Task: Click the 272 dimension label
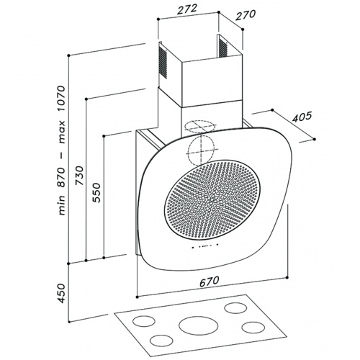[x=187, y=9]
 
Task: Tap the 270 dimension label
[x=246, y=15]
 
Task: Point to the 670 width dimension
[x=210, y=282]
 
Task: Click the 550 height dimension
[x=96, y=192]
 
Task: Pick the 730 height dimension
[x=79, y=175]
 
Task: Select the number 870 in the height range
[x=61, y=177]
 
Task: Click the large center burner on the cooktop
[x=199, y=326]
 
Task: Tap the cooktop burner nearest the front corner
[x=161, y=340]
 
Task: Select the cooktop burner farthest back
[x=235, y=308]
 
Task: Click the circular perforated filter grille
[x=212, y=199]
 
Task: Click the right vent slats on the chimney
[x=223, y=47]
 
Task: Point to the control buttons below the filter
[x=204, y=246]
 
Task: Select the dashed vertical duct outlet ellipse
[x=201, y=150]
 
